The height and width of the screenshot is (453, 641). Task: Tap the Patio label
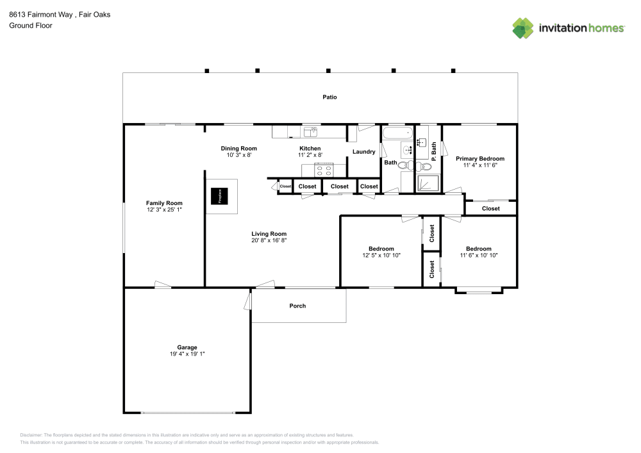329,97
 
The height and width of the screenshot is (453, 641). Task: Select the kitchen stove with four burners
324,170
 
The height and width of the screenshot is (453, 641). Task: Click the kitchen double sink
311,132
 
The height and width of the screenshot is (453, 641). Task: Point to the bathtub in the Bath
397,135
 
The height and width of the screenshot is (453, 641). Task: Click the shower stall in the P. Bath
428,183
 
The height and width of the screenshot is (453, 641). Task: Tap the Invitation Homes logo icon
523,28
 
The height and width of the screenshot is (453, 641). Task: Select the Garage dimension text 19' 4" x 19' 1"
187,354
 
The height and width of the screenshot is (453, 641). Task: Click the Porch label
297,306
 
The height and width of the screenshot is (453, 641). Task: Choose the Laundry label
363,152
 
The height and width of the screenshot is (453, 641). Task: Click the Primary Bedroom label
479,158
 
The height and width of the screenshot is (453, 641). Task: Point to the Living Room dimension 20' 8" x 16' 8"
269,240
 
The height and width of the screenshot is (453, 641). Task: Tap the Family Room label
164,203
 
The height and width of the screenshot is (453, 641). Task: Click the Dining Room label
238,148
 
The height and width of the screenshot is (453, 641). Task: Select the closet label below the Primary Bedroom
490,208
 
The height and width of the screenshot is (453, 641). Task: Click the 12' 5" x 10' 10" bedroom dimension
381,255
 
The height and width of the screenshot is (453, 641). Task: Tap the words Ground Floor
31,26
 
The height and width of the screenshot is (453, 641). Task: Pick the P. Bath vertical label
434,151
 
